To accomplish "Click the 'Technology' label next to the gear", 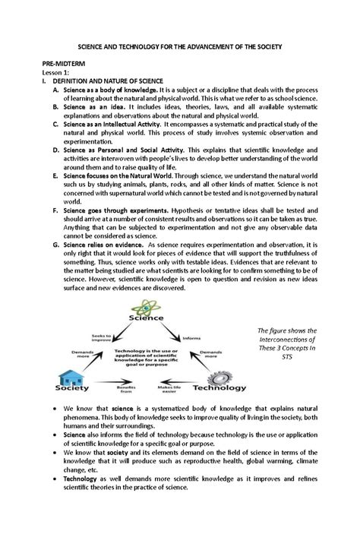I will (220, 387).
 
